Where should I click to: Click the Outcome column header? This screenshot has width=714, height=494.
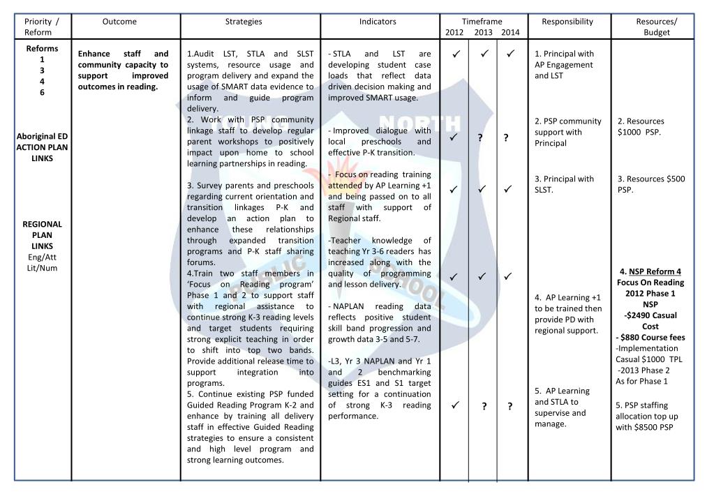point(119,22)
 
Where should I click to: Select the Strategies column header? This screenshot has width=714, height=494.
point(244,22)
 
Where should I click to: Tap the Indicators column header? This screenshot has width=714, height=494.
point(378,22)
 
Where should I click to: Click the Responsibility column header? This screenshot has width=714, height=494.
point(567,22)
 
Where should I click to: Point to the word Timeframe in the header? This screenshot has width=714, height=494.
point(482,22)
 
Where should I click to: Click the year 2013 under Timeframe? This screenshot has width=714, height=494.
point(483,33)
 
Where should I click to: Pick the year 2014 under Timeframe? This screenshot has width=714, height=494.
point(510,33)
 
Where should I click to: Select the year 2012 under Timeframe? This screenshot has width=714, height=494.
point(454,33)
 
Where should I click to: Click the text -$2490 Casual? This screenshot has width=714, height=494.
point(650,315)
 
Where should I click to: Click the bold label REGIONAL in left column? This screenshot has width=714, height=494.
point(43,224)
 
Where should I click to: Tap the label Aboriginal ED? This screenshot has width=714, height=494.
point(43,136)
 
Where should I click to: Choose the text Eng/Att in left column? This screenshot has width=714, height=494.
point(43,257)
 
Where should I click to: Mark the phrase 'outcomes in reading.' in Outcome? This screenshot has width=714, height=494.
point(118,87)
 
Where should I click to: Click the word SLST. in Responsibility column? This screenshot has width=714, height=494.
point(545,190)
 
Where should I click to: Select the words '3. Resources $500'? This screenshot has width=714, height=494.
point(650,179)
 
